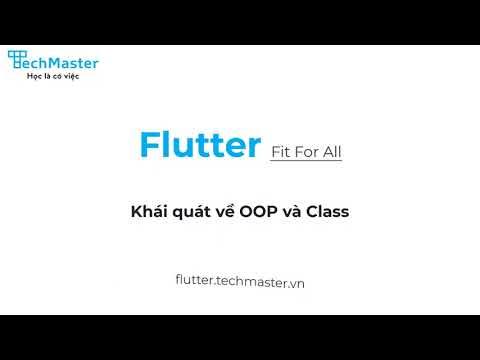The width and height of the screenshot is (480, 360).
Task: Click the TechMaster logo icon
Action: tap(17, 61)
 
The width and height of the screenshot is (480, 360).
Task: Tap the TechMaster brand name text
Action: tap(62, 63)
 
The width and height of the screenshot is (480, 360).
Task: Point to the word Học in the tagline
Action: tap(33, 77)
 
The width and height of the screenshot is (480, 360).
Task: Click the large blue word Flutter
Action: tap(200, 145)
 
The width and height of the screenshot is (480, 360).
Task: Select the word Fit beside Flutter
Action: tap(282, 153)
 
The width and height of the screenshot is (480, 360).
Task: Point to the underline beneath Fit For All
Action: tap(312, 163)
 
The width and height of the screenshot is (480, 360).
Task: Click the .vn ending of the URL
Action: tap(295, 283)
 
